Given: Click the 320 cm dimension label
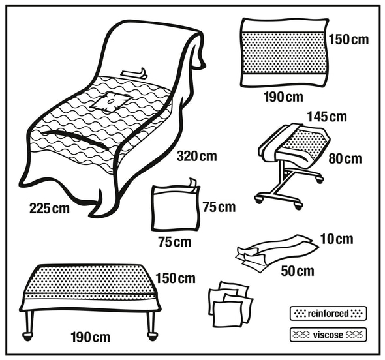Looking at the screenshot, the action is point(197,157).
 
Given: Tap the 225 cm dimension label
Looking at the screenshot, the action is point(50,209).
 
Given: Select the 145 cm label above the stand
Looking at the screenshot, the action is point(327,117).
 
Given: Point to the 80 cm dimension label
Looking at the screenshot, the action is point(345,158).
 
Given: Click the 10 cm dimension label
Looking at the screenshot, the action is point(337,239).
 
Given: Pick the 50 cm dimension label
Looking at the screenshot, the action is point(298,271).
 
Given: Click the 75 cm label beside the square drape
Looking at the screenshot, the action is point(219,207).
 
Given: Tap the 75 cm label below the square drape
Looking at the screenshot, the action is point(175,242).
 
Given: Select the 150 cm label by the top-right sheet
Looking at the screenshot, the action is point(348,40).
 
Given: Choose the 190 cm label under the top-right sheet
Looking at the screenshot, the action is point(284,97).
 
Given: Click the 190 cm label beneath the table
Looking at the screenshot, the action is point(90,337).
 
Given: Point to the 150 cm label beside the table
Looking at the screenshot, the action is point(176,278).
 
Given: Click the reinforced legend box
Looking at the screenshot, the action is point(328,314).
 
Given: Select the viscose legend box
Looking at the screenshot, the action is point(328,335).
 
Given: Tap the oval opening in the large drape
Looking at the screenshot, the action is point(110,101).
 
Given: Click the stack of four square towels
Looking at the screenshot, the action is point(230,305).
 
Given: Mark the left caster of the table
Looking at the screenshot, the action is point(27,337).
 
